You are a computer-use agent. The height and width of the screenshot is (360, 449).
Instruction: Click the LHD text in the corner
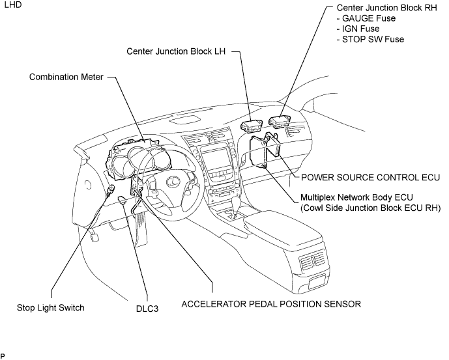[x=13, y=5]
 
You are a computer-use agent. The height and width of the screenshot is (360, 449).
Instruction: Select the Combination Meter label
[x=66, y=77]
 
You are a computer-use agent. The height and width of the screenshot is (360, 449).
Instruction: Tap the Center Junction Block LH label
[x=176, y=51]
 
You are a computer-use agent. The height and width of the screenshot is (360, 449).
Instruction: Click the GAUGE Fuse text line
[x=366, y=18]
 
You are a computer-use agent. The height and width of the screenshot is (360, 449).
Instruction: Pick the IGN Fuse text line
[x=358, y=29]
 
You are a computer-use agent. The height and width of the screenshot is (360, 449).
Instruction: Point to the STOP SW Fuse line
[x=371, y=39]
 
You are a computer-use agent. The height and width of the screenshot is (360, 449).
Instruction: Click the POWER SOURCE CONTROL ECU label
[x=371, y=178]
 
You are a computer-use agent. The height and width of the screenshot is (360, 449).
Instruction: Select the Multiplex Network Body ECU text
[x=356, y=197]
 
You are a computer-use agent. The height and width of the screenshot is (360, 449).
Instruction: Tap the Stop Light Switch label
[x=51, y=308]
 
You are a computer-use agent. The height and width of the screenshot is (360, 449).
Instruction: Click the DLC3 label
[x=147, y=309]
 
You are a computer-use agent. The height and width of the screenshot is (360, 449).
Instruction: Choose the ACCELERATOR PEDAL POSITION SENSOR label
[x=271, y=304]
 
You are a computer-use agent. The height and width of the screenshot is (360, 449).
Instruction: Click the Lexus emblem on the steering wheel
[x=173, y=181]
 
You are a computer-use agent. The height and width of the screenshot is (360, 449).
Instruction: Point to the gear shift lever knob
[x=237, y=203]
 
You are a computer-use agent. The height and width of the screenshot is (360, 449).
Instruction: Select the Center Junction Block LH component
[x=251, y=126]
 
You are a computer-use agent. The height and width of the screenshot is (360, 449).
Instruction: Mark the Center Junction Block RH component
[x=280, y=120]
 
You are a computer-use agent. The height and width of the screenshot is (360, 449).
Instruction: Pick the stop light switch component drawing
[x=111, y=190]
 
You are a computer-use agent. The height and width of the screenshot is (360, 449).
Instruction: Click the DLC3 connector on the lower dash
[x=123, y=199]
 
